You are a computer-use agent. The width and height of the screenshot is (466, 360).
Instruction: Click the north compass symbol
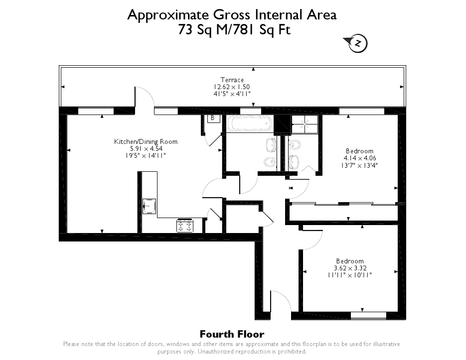click(357, 43)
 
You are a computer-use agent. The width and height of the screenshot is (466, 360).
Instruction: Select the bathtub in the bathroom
click(249, 123)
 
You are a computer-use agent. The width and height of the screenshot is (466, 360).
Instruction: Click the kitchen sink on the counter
click(149, 206)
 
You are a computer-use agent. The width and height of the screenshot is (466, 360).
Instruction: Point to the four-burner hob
click(185, 226)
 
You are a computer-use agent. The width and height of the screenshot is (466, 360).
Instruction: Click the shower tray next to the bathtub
click(305, 124)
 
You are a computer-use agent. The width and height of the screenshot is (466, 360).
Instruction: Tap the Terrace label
click(232, 80)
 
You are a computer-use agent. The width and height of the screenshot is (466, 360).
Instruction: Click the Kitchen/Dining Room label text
click(146, 142)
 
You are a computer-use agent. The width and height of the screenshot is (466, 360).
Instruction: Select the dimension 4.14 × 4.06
click(360, 158)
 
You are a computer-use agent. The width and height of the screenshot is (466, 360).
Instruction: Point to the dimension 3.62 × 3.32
click(350, 268)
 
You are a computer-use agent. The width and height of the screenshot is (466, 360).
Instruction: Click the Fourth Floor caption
click(232, 335)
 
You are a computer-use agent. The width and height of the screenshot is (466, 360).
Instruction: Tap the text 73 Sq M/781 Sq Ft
click(234, 30)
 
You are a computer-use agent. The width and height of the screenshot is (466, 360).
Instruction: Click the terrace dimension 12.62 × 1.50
click(232, 87)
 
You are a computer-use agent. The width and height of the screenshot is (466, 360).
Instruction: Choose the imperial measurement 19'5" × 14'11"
click(146, 155)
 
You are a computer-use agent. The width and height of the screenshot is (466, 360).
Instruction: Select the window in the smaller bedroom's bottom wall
click(368, 316)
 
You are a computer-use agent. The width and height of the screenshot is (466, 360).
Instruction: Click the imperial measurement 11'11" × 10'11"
click(350, 275)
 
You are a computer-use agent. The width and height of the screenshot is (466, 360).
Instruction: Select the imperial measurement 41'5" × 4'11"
click(232, 94)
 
